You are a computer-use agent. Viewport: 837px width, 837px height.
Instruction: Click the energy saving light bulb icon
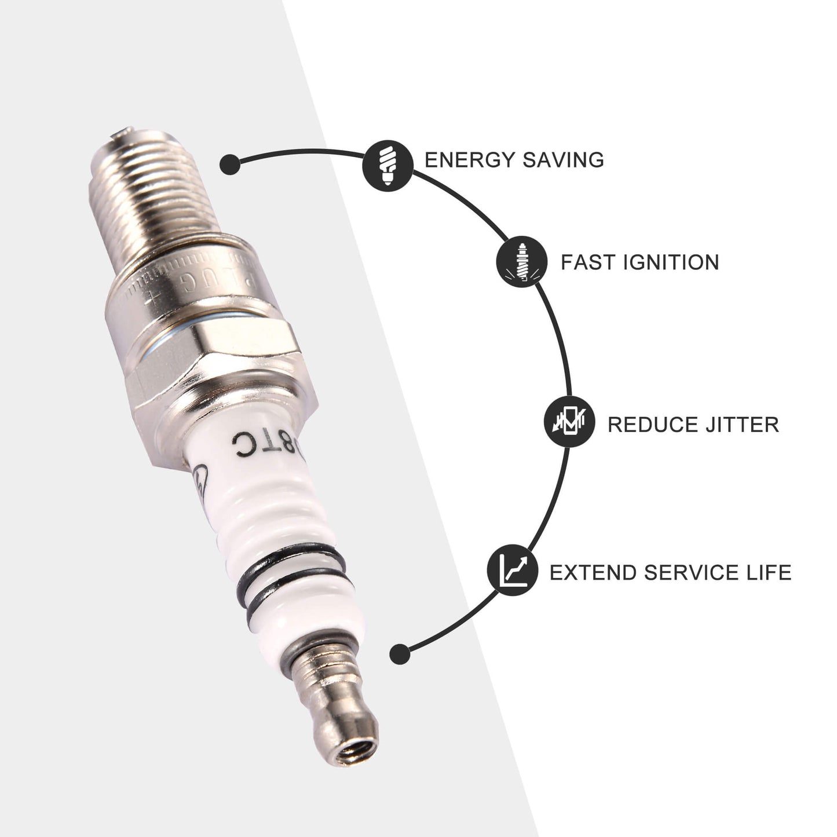coord(388,165)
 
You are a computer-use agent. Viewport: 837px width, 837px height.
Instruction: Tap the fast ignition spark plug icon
coord(522,262)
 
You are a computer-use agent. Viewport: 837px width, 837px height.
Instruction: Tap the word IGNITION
coord(671,262)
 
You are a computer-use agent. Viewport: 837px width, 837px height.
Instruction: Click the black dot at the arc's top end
coord(230,164)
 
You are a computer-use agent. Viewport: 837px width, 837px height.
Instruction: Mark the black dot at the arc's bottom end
coord(400,654)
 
